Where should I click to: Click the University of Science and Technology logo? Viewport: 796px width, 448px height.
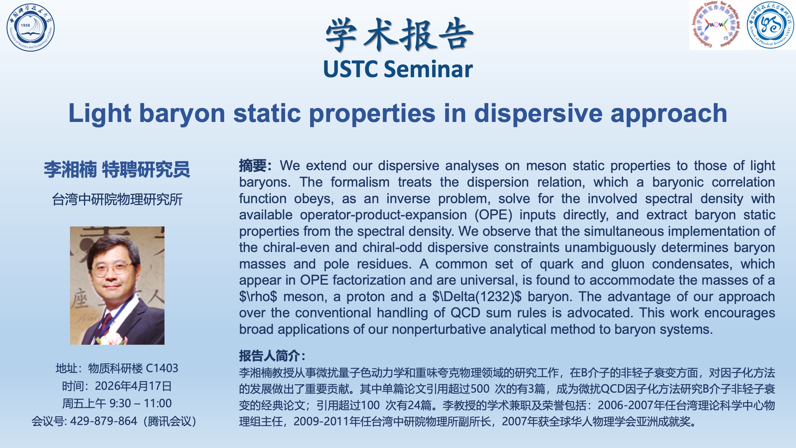(x=30, y=27)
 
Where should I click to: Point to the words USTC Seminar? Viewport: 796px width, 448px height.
(x=398, y=69)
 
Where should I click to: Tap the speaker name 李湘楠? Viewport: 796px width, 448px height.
(x=70, y=170)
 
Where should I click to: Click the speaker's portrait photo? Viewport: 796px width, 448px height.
(x=117, y=286)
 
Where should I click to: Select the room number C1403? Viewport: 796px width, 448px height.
(x=162, y=368)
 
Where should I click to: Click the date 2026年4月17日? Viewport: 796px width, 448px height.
(x=133, y=386)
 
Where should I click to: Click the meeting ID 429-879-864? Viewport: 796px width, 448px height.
(x=104, y=421)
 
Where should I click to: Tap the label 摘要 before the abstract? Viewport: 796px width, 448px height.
(x=253, y=166)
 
